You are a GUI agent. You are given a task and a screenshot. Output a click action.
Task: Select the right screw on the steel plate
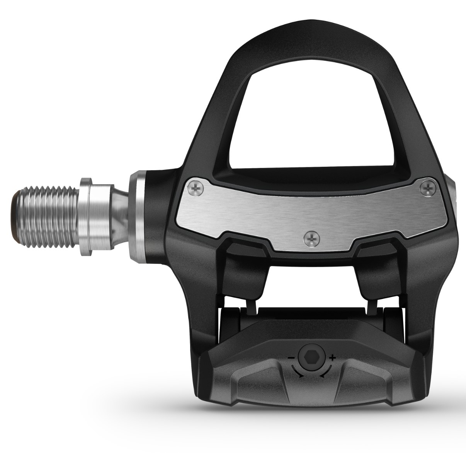(428, 188)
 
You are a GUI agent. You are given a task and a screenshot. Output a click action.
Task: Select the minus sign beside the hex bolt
(290, 357)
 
